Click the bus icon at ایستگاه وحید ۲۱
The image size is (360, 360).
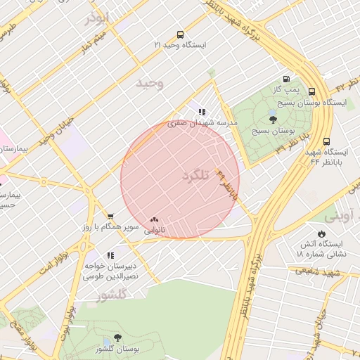[181, 34]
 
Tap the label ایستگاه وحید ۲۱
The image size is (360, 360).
[181, 45]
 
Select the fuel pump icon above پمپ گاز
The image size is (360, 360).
[286, 79]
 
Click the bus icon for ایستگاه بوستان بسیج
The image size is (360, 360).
[312, 91]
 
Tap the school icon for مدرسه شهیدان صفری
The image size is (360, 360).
[202, 112]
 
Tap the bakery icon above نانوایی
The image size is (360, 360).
[155, 219]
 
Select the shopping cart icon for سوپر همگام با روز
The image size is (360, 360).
[110, 217]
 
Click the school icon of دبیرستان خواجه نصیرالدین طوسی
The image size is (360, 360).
[110, 255]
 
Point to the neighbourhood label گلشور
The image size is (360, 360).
[111, 296]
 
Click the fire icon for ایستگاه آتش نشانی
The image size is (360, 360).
[321, 233]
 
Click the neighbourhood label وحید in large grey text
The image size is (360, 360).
[150, 83]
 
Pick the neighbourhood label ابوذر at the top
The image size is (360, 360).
[97, 18]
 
